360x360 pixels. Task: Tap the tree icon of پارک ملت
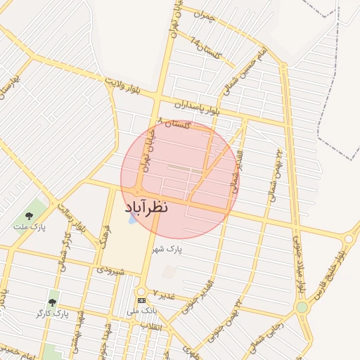point(29,216)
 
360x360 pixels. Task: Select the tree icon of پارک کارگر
point(52,302)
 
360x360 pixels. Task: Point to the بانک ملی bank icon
point(141,300)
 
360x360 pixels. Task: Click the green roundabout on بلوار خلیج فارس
point(302,307)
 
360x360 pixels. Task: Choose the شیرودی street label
point(110,269)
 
